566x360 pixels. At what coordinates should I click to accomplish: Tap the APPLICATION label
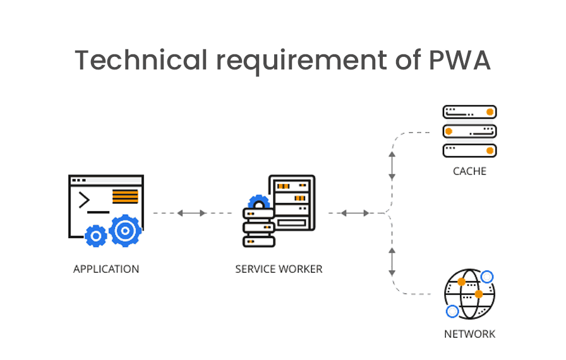tap(106, 269)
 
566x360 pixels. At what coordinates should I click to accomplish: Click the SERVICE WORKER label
tap(279, 269)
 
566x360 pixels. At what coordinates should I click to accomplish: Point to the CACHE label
tap(469, 171)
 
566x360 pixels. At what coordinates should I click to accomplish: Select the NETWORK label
tap(469, 334)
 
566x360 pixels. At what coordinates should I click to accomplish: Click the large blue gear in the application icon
tap(125, 231)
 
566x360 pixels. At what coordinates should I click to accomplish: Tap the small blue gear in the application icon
tap(96, 236)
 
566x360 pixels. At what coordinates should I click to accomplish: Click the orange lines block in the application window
tap(125, 196)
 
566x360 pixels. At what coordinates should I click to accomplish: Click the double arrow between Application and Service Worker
tap(191, 213)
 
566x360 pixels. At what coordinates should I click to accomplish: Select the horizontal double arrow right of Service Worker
tap(355, 213)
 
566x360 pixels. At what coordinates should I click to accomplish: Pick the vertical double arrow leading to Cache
tap(392, 165)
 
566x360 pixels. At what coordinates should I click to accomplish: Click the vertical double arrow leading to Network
tap(392, 261)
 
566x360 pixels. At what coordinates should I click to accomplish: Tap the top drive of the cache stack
tap(469, 112)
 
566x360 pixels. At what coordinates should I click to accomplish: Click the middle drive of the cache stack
tap(469, 131)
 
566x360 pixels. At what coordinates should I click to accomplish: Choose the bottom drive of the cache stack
tap(469, 150)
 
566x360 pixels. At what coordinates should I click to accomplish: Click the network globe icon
tap(469, 294)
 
